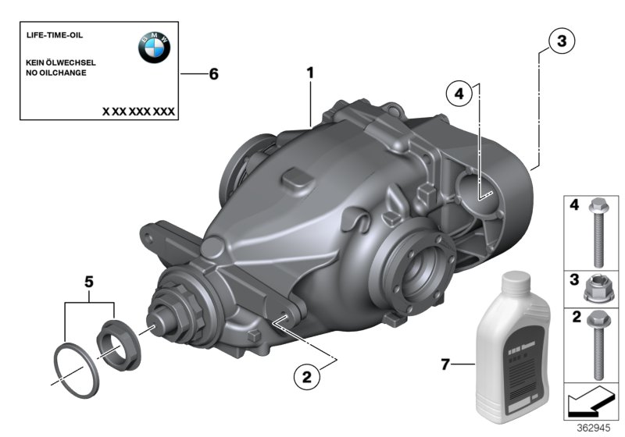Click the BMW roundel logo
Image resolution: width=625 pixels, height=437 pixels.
click(154, 49)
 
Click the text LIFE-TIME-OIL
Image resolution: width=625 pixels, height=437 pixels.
click(55, 36)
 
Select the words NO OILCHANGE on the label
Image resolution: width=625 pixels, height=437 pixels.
click(55, 73)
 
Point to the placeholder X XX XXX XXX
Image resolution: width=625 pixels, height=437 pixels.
click(138, 112)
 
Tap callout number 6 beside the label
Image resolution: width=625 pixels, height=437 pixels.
click(213, 75)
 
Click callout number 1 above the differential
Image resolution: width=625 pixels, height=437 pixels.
click(310, 73)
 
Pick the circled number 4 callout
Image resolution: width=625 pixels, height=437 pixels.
click(459, 94)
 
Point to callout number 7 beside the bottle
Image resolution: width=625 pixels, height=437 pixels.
click(445, 364)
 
